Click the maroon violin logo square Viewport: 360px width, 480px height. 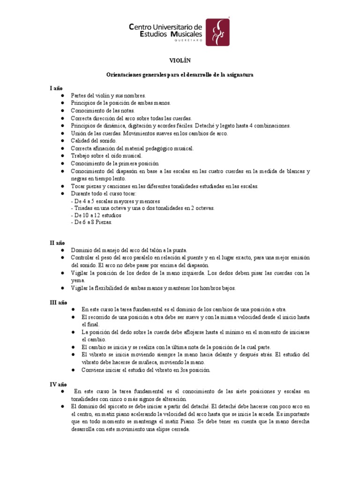point(218,32)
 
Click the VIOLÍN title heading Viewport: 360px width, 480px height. point(180,60)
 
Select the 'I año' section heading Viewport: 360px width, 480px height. point(57,88)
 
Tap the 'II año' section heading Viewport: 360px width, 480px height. point(58,243)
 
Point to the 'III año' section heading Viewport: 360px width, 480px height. point(59,303)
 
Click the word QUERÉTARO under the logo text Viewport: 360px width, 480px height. point(188,41)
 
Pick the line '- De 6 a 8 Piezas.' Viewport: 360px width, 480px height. point(92,223)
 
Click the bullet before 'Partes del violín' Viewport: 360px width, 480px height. point(62,96)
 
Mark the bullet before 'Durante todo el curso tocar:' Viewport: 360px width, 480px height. point(62,193)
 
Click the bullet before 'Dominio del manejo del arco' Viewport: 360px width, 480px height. point(62,251)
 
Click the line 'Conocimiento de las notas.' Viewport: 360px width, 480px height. point(103,111)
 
